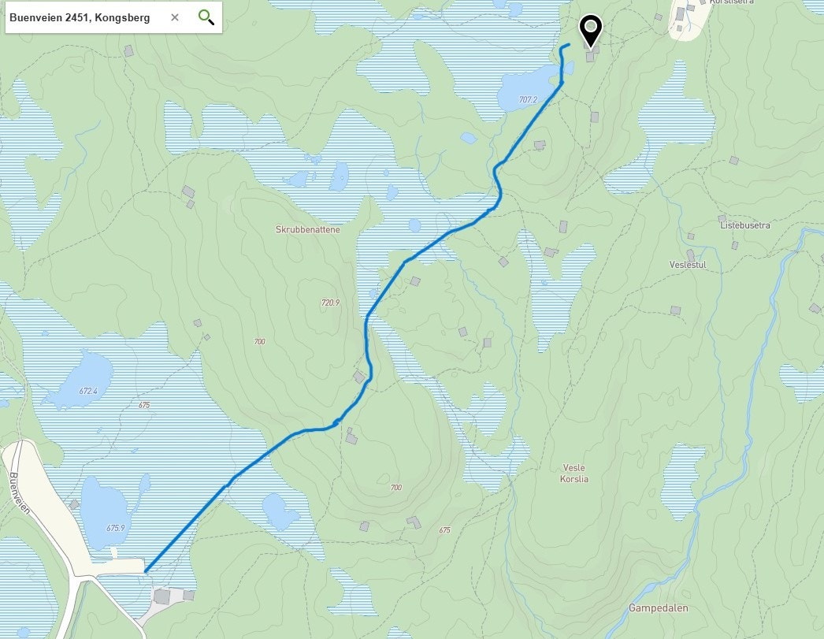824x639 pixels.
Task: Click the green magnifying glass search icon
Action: pyautogui.click(x=206, y=17)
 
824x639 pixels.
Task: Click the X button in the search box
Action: pyautogui.click(x=175, y=17)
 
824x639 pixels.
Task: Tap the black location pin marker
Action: pyautogui.click(x=590, y=31)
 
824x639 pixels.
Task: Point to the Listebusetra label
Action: pyautogui.click(x=744, y=225)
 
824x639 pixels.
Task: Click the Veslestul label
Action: pyautogui.click(x=687, y=265)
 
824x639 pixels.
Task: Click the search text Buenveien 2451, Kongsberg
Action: pyautogui.click(x=80, y=17)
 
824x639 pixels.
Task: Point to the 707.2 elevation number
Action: pyautogui.click(x=528, y=100)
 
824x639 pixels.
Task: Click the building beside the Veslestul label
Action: pyautogui.click(x=691, y=254)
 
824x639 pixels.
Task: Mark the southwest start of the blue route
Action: pyautogui.click(x=146, y=570)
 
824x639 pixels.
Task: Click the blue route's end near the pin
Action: pyautogui.click(x=569, y=45)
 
